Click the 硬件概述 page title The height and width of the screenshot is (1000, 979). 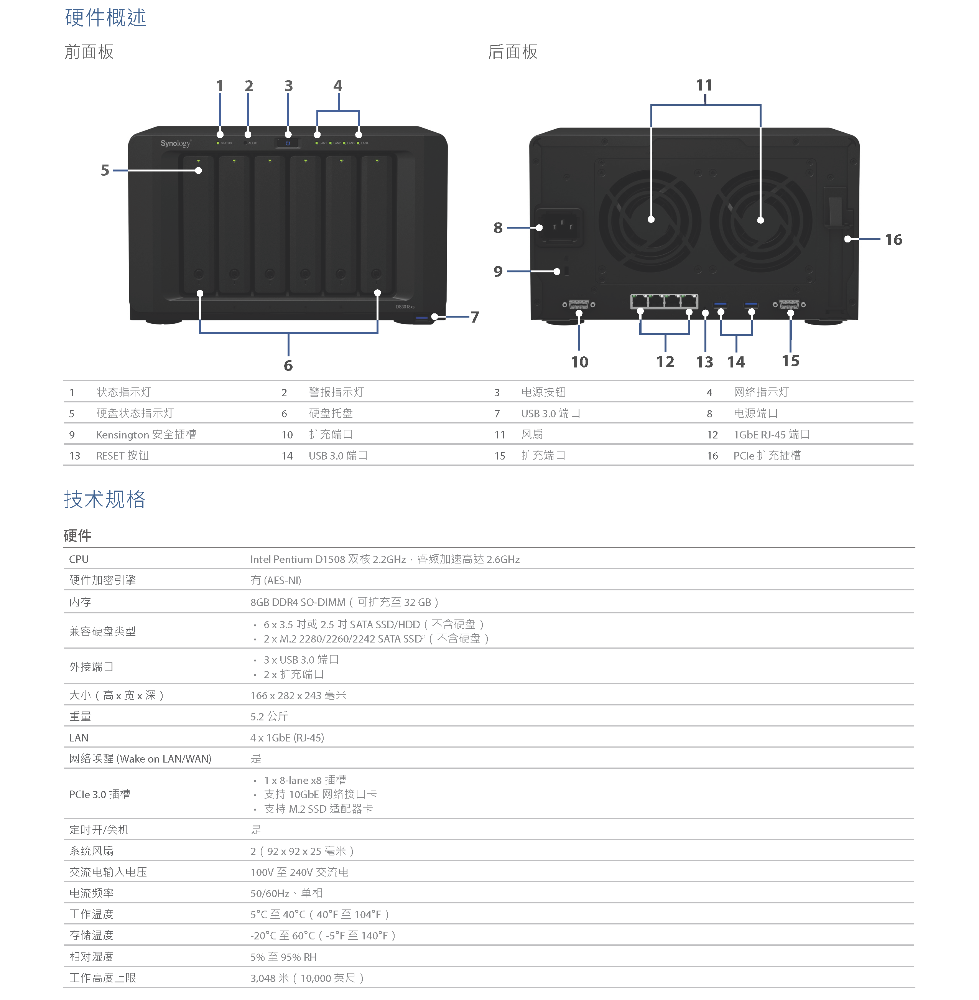tap(105, 18)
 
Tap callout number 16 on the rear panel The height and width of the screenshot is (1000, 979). tap(893, 239)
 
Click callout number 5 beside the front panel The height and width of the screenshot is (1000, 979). tap(105, 170)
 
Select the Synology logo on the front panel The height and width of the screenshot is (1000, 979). tap(175, 143)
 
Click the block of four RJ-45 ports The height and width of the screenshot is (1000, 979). tap(664, 301)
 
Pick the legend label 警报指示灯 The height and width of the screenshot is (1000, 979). tap(336, 392)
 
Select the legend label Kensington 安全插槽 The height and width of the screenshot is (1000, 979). tap(146, 434)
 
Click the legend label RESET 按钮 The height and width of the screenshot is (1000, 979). tap(122, 455)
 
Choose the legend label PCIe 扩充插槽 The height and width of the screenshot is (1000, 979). tap(767, 455)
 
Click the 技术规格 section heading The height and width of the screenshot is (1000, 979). tap(105, 499)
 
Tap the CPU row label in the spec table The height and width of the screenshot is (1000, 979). tap(79, 559)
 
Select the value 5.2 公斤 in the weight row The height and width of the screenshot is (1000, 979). tap(269, 716)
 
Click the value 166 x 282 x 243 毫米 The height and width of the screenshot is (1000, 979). tap(298, 695)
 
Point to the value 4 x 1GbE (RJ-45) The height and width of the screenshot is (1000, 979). tap(287, 738)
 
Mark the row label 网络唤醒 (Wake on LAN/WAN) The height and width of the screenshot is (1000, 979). tap(140, 759)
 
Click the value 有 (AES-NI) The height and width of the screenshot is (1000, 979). tap(276, 580)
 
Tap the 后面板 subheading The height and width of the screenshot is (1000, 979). tap(513, 51)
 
